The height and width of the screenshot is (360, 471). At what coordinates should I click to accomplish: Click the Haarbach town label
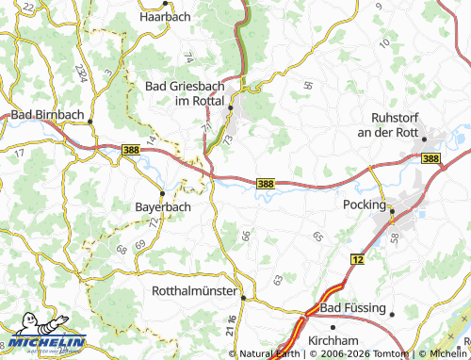[166, 17]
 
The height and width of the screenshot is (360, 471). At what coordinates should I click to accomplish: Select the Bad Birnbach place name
[47, 115]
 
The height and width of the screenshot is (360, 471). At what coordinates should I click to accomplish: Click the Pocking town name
[364, 205]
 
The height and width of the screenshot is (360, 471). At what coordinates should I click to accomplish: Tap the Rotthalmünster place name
[194, 291]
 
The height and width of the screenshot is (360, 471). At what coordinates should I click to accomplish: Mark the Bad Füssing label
[353, 308]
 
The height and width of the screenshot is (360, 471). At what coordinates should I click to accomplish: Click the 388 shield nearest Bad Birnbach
[133, 148]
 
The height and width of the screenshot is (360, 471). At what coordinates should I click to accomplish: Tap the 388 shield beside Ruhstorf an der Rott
[430, 159]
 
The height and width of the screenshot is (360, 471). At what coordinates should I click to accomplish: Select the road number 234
[82, 73]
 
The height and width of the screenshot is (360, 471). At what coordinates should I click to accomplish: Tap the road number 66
[246, 235]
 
